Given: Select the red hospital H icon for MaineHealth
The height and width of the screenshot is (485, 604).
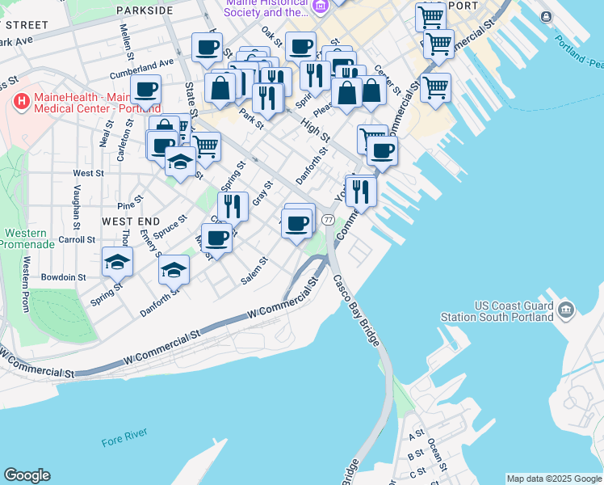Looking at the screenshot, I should point(22,103).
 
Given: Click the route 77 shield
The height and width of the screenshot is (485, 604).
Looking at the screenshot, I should point(328,220).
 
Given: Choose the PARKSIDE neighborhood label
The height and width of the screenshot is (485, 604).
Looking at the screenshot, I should point(145,11).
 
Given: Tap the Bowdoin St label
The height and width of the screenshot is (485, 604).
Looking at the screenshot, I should point(65,276).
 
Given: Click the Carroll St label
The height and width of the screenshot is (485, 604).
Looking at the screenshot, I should point(77,239).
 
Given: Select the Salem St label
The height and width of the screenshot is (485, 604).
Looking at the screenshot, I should point(254,272).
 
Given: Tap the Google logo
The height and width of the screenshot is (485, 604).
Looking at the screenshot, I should point(27,475).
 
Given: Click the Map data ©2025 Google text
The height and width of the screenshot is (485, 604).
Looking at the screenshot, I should point(554,479).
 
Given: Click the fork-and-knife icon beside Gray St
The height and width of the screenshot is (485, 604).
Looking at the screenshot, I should point(233,205).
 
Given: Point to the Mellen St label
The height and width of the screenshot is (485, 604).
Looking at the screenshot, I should point(127,41).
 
